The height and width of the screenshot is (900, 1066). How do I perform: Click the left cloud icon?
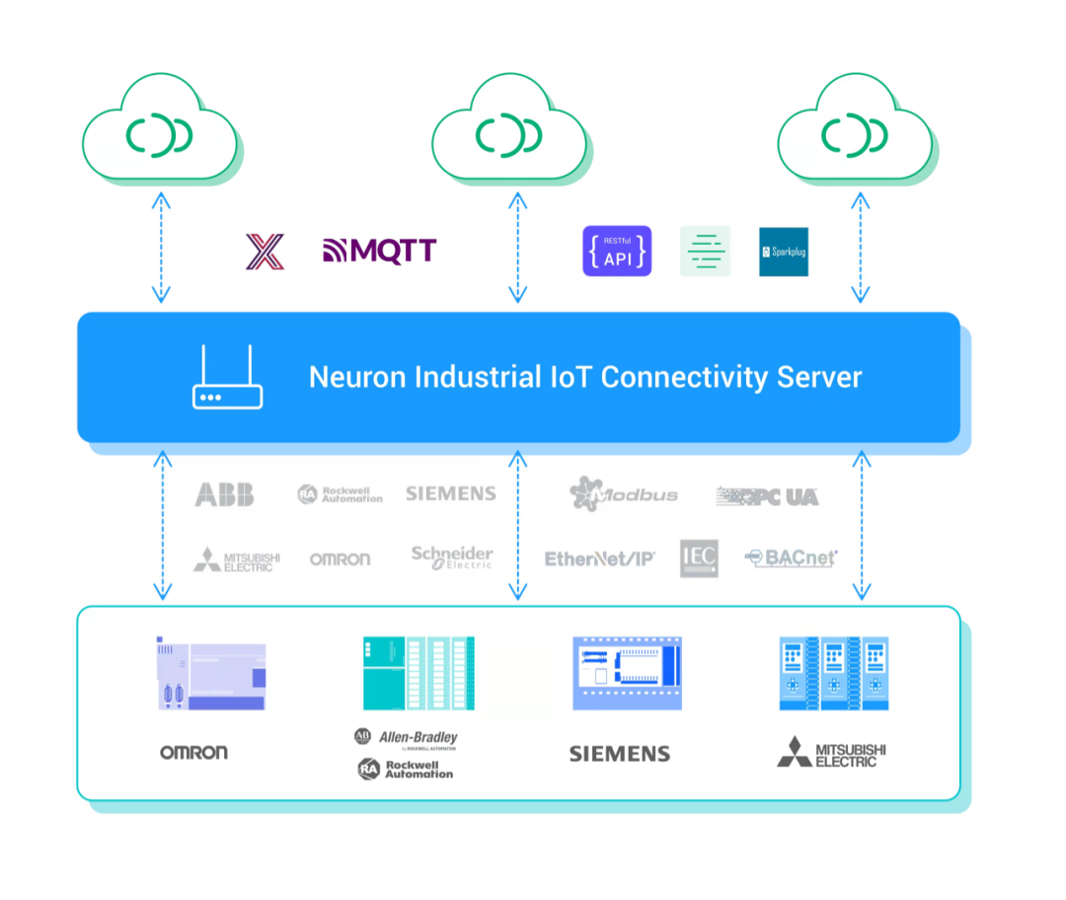pyautogui.click(x=160, y=132)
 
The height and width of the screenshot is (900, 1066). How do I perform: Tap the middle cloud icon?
pyautogui.click(x=510, y=132)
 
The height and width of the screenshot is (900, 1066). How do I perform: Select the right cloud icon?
pyautogui.click(x=857, y=132)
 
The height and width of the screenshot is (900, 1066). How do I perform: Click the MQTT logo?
pyautogui.click(x=379, y=251)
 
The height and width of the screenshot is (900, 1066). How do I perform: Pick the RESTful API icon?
pyautogui.click(x=617, y=251)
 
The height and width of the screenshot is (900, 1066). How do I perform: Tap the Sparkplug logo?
pyautogui.click(x=783, y=252)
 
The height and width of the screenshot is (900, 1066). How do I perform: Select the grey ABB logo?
pyautogui.click(x=224, y=494)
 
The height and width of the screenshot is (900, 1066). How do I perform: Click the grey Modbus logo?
pyautogui.click(x=624, y=493)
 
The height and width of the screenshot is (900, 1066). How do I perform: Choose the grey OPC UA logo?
pyautogui.click(x=768, y=495)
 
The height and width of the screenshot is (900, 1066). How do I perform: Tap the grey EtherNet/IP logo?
pyautogui.click(x=600, y=559)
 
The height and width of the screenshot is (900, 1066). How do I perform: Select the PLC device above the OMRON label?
pyautogui.click(x=209, y=674)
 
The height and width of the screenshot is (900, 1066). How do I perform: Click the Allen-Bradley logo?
pyautogui.click(x=406, y=738)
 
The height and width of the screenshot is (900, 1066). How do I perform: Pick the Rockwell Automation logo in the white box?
pyautogui.click(x=406, y=769)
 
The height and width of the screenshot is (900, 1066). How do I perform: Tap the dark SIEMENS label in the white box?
pyautogui.click(x=620, y=754)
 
